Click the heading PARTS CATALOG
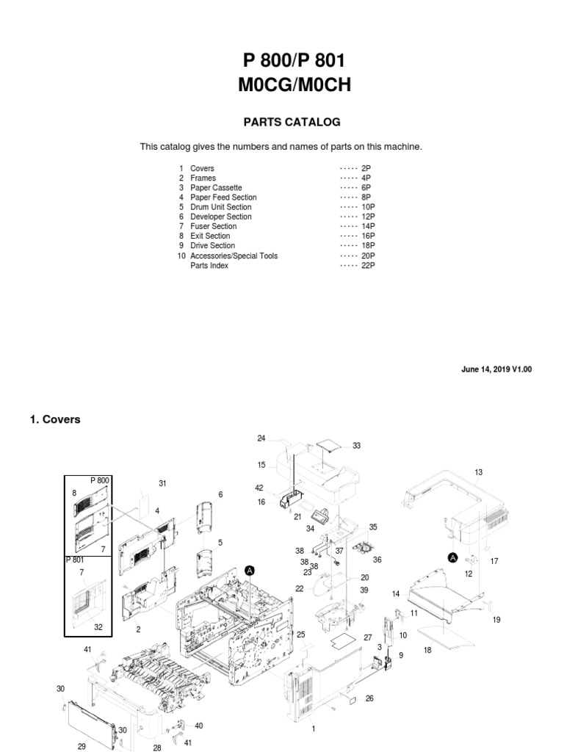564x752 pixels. click(x=282, y=122)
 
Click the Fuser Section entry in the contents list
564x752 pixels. click(x=213, y=226)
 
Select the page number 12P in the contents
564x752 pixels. click(x=368, y=217)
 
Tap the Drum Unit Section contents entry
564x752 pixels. click(x=220, y=207)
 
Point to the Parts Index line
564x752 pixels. click(x=209, y=265)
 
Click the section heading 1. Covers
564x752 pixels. click(x=55, y=419)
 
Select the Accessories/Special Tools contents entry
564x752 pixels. click(x=234, y=256)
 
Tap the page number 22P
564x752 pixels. click(x=368, y=265)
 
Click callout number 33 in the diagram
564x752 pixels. click(x=357, y=446)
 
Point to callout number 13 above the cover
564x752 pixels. click(x=479, y=472)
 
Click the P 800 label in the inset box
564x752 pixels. click(x=99, y=480)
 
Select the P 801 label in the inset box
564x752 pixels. click(x=76, y=560)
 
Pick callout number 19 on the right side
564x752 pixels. click(x=496, y=620)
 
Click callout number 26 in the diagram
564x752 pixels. click(x=369, y=698)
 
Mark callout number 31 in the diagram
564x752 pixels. click(x=163, y=482)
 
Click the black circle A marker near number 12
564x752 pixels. click(x=453, y=557)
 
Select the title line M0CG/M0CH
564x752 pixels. click(x=294, y=85)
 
